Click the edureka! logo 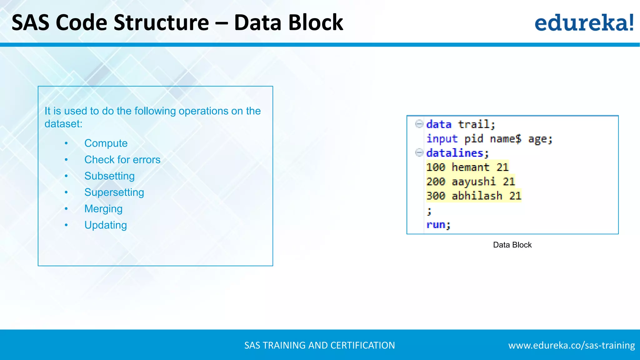coord(584,22)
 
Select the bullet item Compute coord(106,143)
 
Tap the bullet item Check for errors coord(122,160)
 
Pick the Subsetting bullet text coord(109,176)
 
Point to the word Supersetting coord(114,192)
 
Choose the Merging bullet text coord(103,209)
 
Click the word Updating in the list coord(106,225)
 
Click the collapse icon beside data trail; coord(419,124)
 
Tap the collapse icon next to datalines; coord(419,152)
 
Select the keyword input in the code coord(442,138)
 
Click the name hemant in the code coord(470,167)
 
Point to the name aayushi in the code coord(473,182)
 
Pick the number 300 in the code coord(436,196)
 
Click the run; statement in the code coord(438,225)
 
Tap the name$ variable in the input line coord(505,138)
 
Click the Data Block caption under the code coord(512,245)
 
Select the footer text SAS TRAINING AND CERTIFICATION coord(319,345)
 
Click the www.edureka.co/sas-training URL coord(571,345)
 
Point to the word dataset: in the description coord(63,124)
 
